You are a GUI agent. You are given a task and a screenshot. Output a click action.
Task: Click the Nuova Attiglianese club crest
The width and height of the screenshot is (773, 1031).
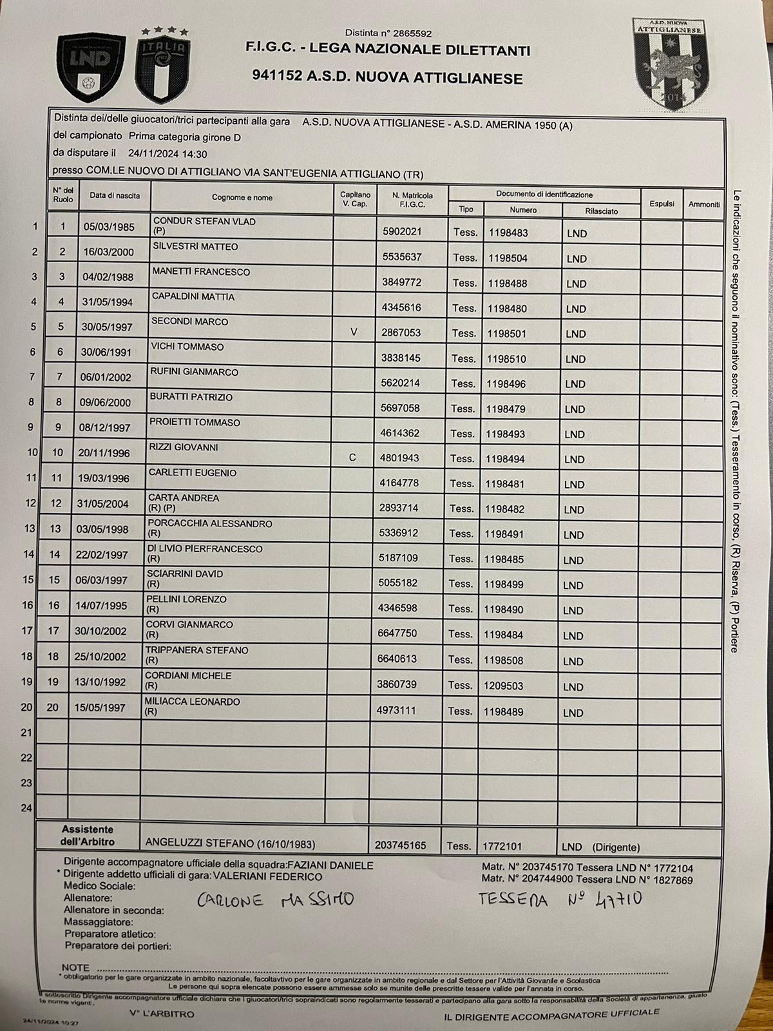click(x=673, y=63)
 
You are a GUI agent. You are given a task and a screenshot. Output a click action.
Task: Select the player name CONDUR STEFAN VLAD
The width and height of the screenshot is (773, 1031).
click(x=204, y=222)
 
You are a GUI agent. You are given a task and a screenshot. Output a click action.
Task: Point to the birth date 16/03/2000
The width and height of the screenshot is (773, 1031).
click(x=107, y=252)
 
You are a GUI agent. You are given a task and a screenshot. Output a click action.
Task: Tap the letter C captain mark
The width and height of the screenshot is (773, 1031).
click(x=352, y=458)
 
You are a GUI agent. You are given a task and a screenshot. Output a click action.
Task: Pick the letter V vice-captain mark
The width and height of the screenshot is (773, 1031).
click(x=353, y=332)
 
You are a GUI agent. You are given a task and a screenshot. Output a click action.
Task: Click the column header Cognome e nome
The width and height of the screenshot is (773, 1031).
click(x=242, y=197)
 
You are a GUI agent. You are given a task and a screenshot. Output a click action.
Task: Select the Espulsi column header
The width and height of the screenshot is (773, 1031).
click(x=662, y=204)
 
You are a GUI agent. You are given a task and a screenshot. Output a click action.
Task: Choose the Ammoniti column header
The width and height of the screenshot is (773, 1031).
click(x=703, y=204)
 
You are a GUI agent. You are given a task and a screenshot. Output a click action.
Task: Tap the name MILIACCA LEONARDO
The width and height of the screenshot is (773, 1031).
click(x=192, y=702)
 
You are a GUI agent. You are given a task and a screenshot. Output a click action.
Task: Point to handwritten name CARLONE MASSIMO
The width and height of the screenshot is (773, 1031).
click(x=276, y=900)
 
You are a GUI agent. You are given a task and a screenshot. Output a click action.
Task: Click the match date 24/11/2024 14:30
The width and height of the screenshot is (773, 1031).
click(x=167, y=154)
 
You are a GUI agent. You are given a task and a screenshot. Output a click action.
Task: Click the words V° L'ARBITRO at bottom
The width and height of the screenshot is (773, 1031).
click(x=161, y=1014)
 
